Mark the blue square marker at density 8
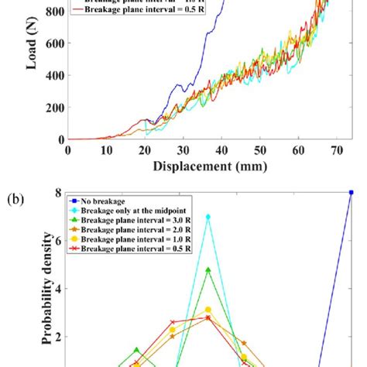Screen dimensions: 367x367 coord(351,193)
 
